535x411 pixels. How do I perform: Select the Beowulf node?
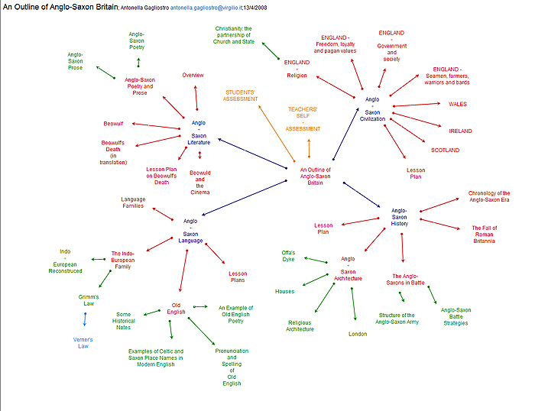click(113, 123)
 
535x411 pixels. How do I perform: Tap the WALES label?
click(458, 104)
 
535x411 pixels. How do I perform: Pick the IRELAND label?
click(460, 131)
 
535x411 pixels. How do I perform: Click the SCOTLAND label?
click(445, 150)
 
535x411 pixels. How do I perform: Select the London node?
click(358, 334)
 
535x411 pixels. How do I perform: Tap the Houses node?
click(285, 291)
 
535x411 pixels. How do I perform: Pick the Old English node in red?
click(177, 311)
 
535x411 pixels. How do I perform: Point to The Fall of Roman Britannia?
click(483, 233)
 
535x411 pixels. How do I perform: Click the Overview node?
click(193, 75)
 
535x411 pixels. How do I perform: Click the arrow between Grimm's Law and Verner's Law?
click(85, 319)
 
